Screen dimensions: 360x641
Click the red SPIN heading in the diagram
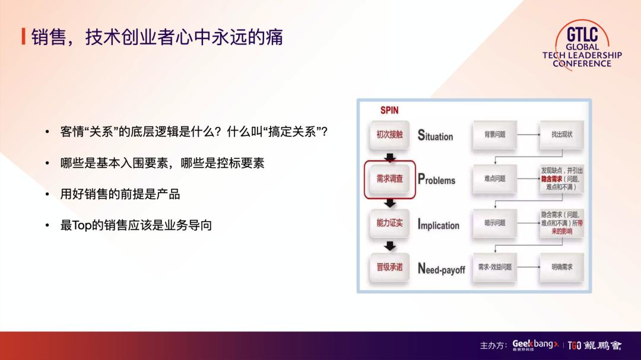click(x=389, y=110)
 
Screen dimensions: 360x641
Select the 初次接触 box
click(x=389, y=135)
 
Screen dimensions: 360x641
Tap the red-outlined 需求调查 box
click(x=389, y=178)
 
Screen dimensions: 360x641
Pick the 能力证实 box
click(x=389, y=223)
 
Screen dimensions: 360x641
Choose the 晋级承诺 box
click(x=389, y=267)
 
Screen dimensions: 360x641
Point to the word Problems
click(x=436, y=180)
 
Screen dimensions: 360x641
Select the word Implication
click(x=438, y=225)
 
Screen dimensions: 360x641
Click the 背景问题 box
click(x=494, y=135)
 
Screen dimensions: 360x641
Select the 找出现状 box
click(x=561, y=135)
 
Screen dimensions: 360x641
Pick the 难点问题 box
click(x=494, y=179)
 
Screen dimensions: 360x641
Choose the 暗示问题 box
click(x=494, y=223)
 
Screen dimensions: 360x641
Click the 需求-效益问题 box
click(x=494, y=267)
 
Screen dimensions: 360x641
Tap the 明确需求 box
click(x=561, y=267)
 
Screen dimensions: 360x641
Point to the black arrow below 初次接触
click(x=389, y=157)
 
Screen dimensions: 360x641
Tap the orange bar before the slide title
click(x=23, y=37)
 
